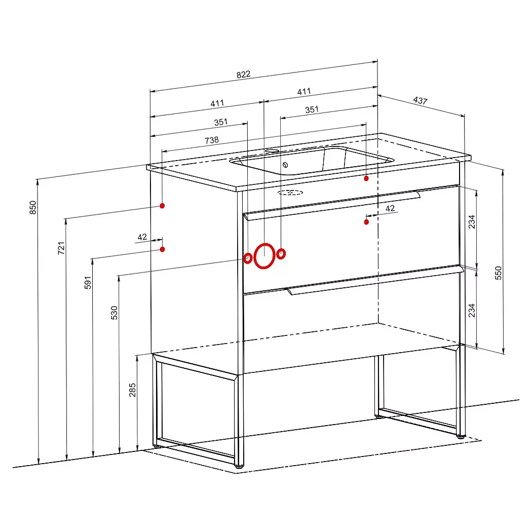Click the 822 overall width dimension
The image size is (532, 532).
(x=243, y=74)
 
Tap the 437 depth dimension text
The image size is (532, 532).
(x=420, y=100)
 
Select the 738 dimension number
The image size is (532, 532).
(x=212, y=140)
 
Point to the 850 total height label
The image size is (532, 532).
(x=33, y=207)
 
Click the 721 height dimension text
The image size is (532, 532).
(x=61, y=248)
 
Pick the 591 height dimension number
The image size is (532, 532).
(x=88, y=283)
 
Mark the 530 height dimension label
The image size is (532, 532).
(x=115, y=313)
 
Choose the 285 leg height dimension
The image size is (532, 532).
(x=132, y=390)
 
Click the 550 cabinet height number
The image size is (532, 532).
(x=498, y=273)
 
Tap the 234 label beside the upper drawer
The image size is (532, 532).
(x=472, y=222)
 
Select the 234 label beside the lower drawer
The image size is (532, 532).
(x=472, y=311)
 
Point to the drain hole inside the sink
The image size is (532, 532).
(x=285, y=165)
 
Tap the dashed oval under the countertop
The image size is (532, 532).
(x=290, y=193)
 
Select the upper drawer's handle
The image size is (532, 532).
(x=332, y=206)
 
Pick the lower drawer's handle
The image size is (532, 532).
(x=375, y=280)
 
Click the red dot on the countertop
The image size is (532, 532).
(x=366, y=178)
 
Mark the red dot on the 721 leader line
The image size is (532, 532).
(x=162, y=206)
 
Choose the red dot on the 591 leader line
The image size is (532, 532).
(x=162, y=249)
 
